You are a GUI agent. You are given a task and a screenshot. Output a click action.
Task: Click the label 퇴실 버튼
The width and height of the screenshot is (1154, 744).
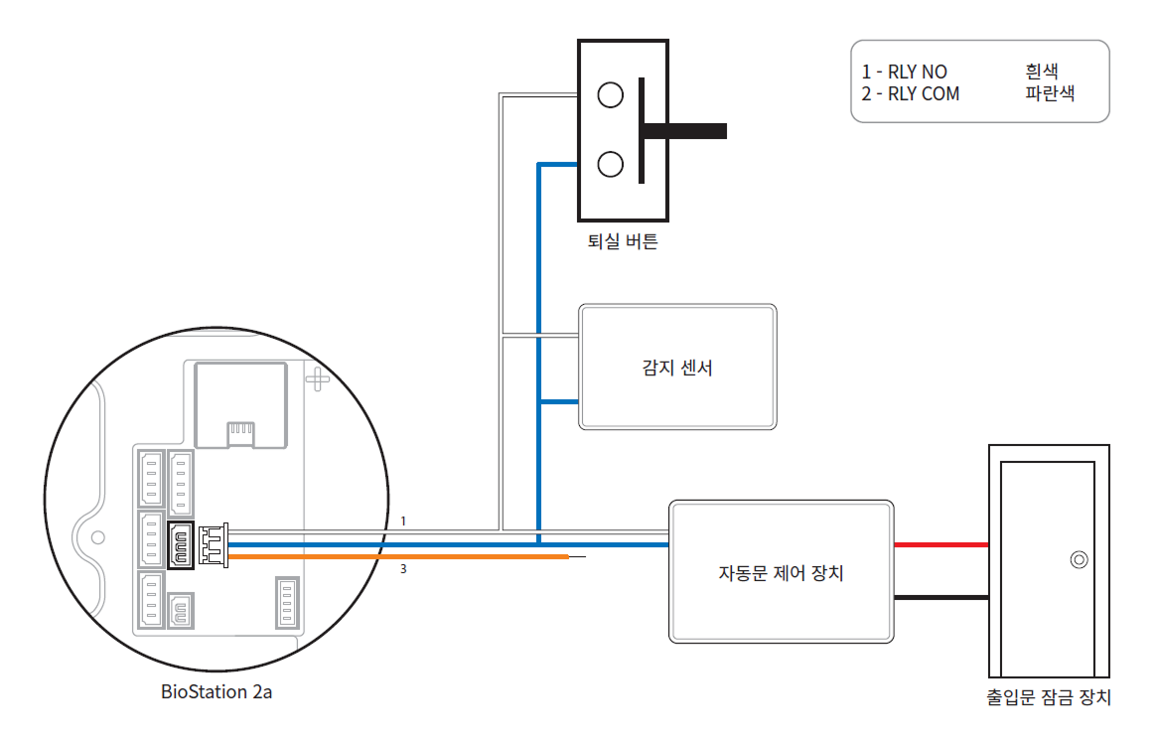tap(622, 241)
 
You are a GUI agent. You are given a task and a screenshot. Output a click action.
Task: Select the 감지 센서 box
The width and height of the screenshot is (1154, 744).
tap(677, 368)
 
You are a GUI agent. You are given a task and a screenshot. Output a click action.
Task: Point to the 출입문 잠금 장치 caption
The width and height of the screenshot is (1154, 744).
tap(1049, 698)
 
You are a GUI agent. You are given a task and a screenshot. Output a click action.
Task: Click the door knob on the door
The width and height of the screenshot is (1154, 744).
tap(1078, 560)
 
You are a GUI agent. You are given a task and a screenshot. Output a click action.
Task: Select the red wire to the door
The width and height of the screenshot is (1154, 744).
tap(941, 544)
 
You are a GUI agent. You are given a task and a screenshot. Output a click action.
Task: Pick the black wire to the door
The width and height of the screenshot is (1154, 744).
tap(941, 598)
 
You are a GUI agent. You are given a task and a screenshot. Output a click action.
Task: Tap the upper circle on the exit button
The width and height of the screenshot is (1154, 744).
tap(611, 94)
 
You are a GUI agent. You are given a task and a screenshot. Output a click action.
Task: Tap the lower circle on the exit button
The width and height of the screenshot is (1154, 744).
tap(611, 163)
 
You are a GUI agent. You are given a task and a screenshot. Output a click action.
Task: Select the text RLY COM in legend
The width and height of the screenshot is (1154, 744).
tap(924, 93)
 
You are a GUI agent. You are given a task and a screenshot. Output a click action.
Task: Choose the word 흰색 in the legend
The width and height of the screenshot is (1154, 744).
tap(1042, 72)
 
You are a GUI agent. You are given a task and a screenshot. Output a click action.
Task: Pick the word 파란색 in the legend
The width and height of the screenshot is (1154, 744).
tap(1050, 93)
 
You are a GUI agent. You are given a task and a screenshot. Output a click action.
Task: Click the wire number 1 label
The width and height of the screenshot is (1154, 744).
tap(403, 521)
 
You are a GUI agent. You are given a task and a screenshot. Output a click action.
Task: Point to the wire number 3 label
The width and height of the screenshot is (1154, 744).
tap(403, 570)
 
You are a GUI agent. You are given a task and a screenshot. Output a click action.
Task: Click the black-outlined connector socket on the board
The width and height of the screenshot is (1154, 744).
tap(181, 546)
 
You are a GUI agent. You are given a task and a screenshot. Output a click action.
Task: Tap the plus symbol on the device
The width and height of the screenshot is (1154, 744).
tap(316, 378)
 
